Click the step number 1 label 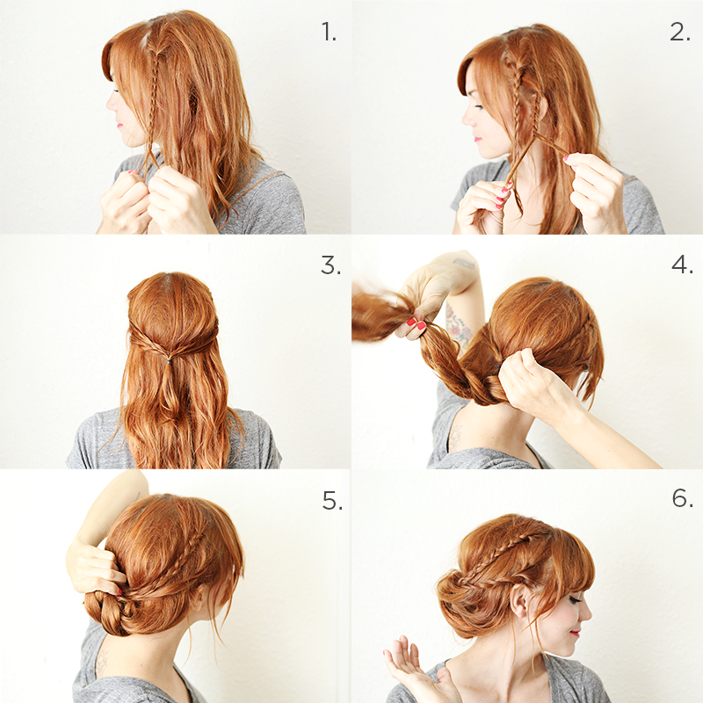tap(329, 33)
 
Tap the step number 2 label tap(679, 33)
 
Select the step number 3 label tap(330, 265)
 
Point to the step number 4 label tap(682, 265)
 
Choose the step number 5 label tap(332, 500)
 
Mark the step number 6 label tap(683, 497)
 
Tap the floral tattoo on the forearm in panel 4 tap(457, 326)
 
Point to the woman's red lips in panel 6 tap(575, 633)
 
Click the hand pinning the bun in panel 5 tap(94, 567)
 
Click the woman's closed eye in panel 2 tap(478, 106)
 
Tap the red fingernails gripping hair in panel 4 tap(416, 323)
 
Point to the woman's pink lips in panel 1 tap(119, 125)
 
